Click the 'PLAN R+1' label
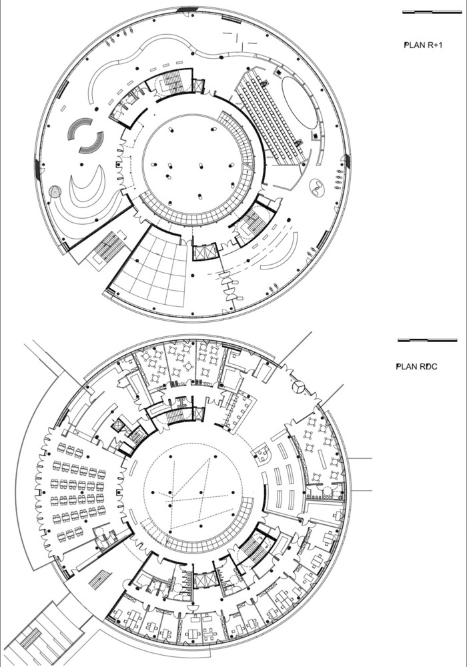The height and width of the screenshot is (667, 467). [423, 45]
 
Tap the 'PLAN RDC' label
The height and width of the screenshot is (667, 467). [416, 367]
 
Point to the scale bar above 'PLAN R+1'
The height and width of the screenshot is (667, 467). [432, 12]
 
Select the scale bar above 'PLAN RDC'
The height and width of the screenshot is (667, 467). [427, 340]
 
